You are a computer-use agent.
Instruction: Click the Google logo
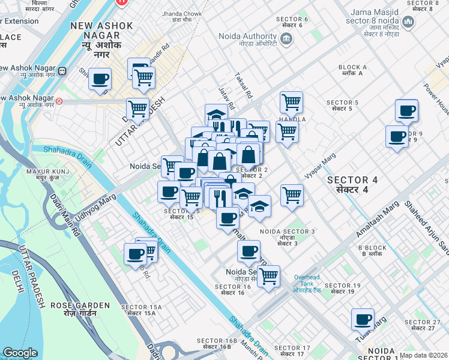pos(20,353)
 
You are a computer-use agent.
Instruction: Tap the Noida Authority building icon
pos(286,39)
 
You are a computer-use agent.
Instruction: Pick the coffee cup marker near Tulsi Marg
pos(363,319)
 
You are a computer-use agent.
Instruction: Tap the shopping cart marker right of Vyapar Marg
pos(292,194)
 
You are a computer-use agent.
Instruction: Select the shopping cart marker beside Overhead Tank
pos(268,276)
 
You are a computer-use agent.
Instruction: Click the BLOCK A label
pos(352,70)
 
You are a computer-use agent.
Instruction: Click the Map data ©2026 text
pos(423,355)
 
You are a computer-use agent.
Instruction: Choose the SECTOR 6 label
pos(292,22)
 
